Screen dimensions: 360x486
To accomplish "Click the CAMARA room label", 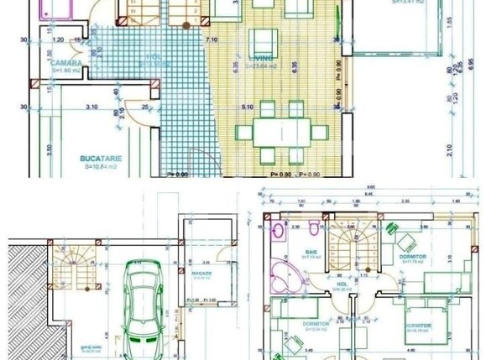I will [x=65, y=63].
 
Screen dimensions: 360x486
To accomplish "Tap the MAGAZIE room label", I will [x=201, y=273].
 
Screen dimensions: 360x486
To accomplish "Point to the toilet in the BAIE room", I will [x=312, y=227].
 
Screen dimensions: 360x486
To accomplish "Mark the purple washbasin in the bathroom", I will [x=278, y=230].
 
